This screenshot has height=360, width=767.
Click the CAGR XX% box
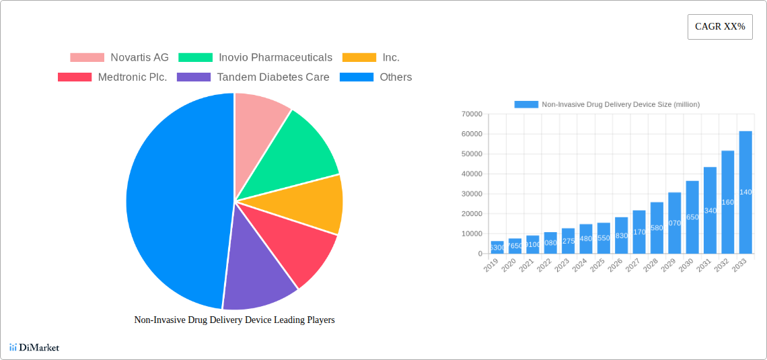pos(719,27)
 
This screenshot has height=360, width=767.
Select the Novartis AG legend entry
pos(119,58)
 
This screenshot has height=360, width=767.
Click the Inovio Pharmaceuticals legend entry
pos(256,58)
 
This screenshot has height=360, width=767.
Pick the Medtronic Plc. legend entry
pos(112,77)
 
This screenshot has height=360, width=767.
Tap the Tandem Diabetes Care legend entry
pos(253,77)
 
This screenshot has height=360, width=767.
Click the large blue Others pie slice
pos(168,202)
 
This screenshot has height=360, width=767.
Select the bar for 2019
pos(497,247)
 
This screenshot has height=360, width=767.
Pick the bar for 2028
pos(657,227)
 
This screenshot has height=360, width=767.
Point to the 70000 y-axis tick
pos(472,114)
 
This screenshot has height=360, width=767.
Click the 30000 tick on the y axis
pos(472,194)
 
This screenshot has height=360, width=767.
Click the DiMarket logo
pos(34,347)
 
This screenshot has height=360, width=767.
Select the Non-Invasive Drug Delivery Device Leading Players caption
pos(234,320)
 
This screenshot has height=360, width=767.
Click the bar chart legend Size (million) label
pos(620,104)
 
